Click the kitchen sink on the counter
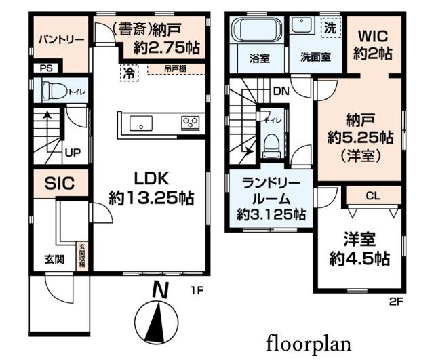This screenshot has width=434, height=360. click(x=142, y=124)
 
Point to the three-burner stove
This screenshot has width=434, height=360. click(x=189, y=123)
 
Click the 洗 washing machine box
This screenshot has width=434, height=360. click(x=330, y=28)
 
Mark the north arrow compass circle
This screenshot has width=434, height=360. click(x=160, y=318)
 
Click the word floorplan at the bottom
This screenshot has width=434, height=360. click(x=309, y=341)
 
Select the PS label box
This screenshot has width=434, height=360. click(x=46, y=68)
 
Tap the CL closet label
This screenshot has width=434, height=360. click(x=373, y=196)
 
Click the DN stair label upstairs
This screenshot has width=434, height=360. click(x=279, y=90)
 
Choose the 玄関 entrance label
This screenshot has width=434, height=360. click(x=56, y=258)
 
